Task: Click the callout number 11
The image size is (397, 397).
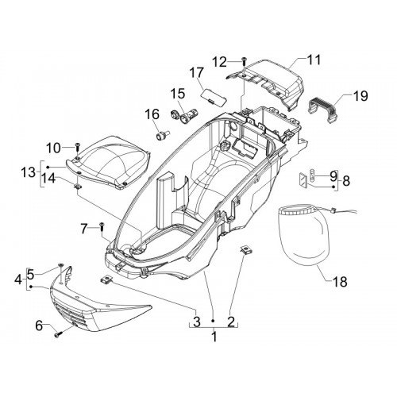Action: tap(314, 60)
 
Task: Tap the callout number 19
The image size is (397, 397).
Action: tap(360, 96)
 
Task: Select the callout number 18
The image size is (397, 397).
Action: tap(340, 282)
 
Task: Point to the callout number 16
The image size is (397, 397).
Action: tap(152, 114)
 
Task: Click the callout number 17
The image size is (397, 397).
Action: tap(197, 72)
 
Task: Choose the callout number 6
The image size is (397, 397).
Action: tap(39, 326)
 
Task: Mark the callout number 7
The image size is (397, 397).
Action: tap(83, 229)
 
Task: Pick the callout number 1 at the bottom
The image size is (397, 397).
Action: tap(214, 337)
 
